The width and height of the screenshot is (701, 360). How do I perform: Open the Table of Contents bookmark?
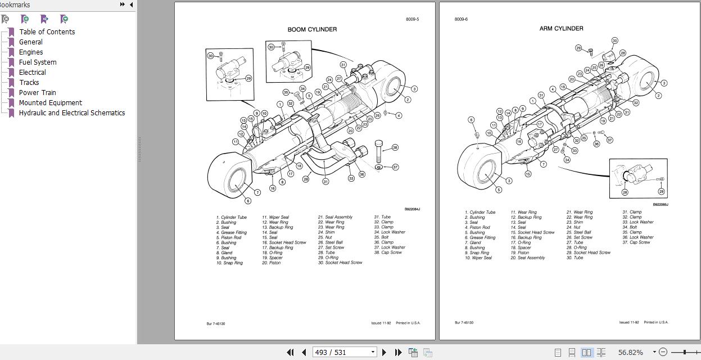pos(47,32)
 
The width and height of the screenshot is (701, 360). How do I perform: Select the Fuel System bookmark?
pos(38,62)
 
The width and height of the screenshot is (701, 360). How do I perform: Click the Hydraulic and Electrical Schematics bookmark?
pos(72,113)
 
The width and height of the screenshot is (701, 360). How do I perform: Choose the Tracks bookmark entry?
pos(29,83)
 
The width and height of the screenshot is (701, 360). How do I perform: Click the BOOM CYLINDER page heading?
pos(312,30)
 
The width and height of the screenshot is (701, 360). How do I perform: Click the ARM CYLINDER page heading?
pos(561,29)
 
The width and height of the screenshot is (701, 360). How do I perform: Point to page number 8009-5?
pos(412,20)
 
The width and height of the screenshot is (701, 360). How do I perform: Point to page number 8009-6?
pos(461,20)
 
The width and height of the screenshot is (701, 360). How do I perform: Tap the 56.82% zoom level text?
pos(630,352)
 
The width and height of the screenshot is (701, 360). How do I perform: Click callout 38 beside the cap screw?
pos(395,147)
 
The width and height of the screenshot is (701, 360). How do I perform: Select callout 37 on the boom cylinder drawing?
pos(395,167)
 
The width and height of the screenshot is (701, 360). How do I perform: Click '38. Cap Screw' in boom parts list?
pos(388,253)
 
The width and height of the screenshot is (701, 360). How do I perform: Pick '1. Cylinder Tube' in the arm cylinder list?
pos(480,213)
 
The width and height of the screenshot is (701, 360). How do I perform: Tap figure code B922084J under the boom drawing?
pos(412,209)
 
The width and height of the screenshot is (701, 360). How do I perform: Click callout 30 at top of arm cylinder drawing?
pos(614,40)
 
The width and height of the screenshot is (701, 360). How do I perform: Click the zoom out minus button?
pos(663,352)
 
